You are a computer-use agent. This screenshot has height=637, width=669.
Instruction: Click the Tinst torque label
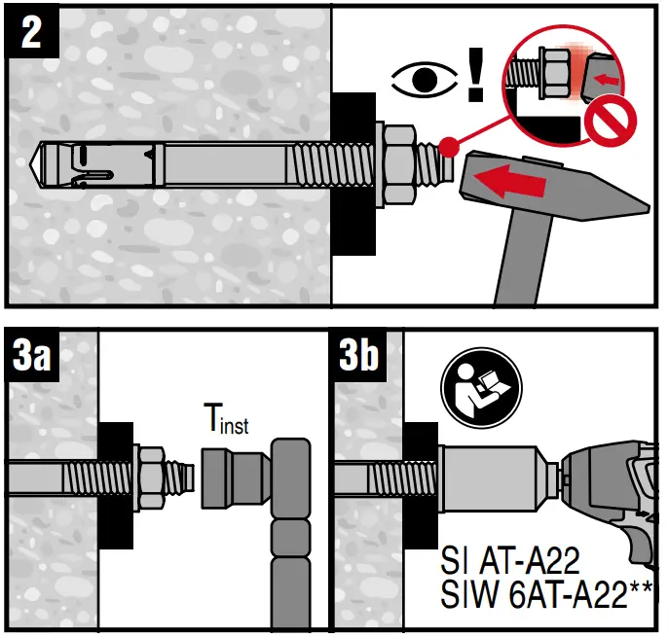point(223,421)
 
